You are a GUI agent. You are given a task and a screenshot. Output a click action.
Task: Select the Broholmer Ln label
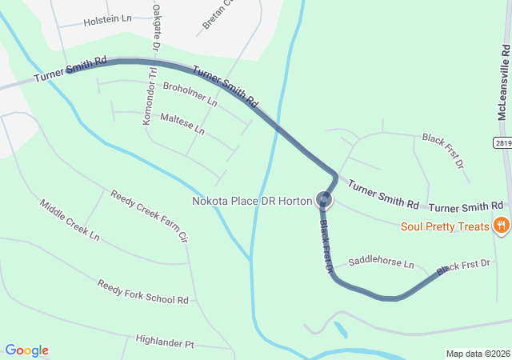[190, 94]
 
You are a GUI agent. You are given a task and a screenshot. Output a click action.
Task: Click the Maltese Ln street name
[182, 123]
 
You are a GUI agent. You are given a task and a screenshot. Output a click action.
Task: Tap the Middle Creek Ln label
[70, 220]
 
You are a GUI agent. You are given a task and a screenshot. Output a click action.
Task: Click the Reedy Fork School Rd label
[142, 292]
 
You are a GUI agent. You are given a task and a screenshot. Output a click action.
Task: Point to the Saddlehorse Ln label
[382, 263]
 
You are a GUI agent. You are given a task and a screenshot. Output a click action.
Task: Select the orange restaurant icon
[502, 226]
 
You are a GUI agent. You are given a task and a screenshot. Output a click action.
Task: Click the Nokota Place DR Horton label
[251, 201]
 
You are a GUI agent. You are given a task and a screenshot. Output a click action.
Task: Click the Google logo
[27, 350]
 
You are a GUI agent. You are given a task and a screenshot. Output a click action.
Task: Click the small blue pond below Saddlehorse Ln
[342, 330]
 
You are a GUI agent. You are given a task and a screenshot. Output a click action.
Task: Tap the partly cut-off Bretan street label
[216, 14]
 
